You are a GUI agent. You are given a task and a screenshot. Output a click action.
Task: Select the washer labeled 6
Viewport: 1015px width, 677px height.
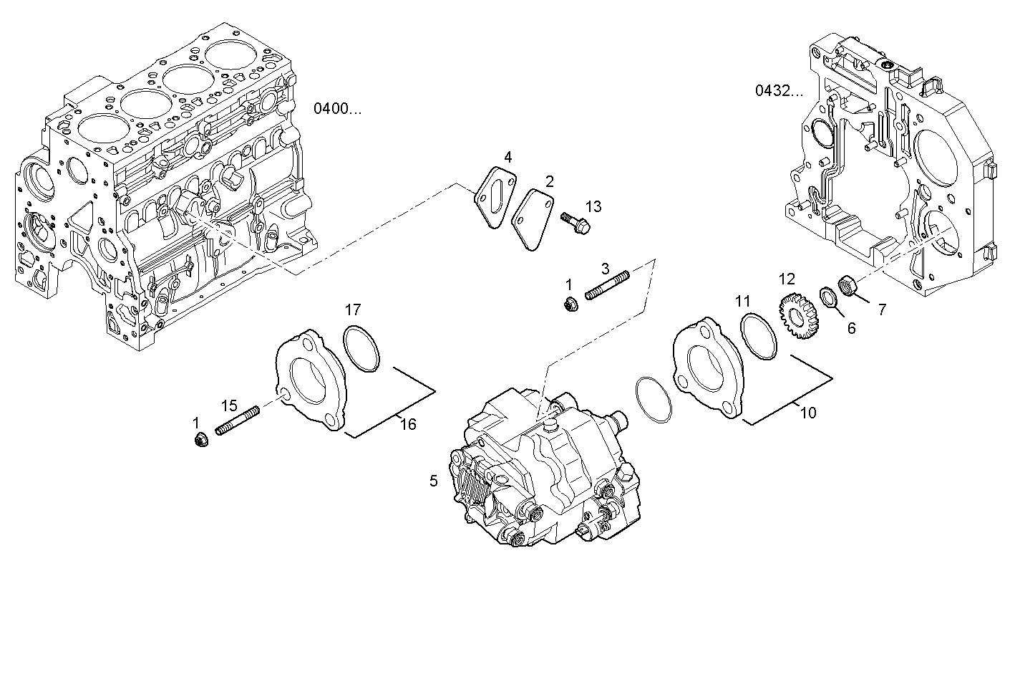coord(827,296)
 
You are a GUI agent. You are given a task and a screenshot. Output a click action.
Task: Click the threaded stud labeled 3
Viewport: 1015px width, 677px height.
coord(607,285)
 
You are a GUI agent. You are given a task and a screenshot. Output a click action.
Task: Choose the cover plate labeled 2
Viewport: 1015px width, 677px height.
coord(533,219)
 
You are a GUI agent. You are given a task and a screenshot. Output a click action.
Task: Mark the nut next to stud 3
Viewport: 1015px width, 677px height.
coord(570,304)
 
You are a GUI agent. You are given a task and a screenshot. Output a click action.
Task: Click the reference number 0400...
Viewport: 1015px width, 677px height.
coord(338,109)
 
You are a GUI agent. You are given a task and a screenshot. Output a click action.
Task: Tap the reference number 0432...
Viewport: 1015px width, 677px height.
coord(779,90)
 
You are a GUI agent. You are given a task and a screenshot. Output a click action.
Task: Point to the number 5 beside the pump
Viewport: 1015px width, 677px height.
coord(433,481)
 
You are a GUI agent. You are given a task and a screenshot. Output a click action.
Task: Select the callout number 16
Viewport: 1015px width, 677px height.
coord(407,424)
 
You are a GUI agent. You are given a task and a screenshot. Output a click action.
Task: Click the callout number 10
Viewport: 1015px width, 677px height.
coord(807,413)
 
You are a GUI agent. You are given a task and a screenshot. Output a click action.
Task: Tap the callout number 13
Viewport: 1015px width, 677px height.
coord(593,206)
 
